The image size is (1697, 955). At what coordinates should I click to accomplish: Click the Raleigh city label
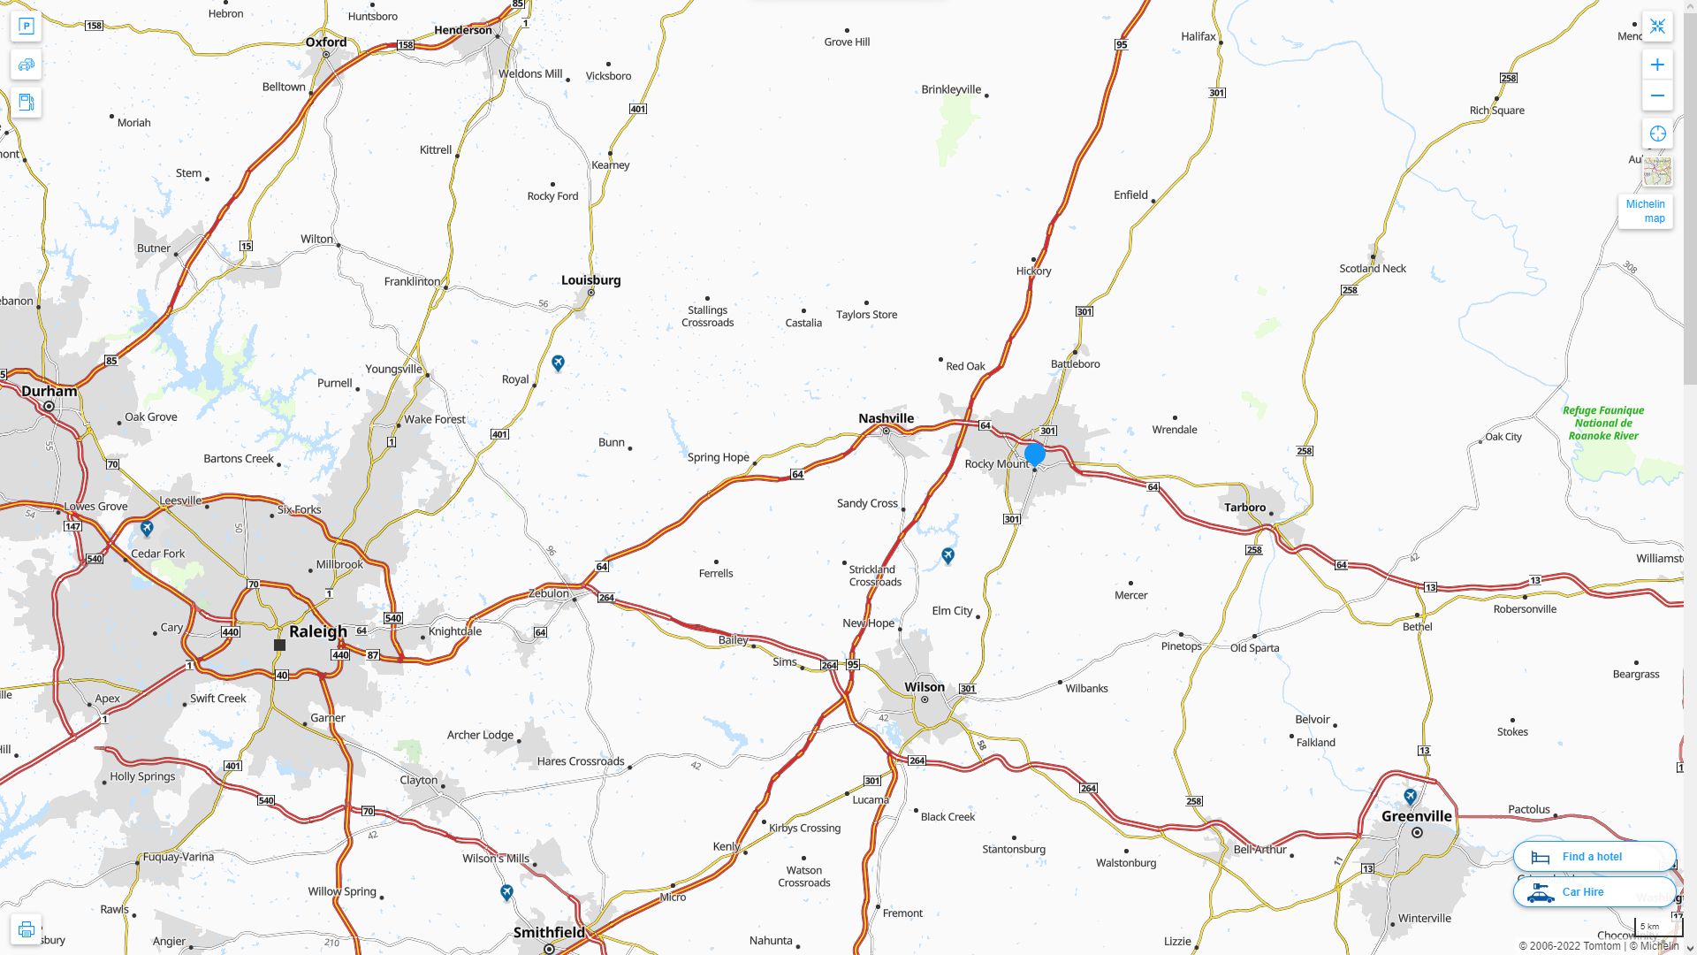pyautogui.click(x=318, y=631)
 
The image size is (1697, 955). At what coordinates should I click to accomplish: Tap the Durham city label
pyautogui.click(x=49, y=391)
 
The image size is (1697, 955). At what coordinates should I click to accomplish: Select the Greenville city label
pyautogui.click(x=1416, y=816)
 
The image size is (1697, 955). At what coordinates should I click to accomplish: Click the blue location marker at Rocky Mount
pyautogui.click(x=1035, y=455)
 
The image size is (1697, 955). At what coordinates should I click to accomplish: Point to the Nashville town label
pyautogui.click(x=886, y=418)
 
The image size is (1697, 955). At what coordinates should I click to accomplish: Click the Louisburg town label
pyautogui.click(x=590, y=280)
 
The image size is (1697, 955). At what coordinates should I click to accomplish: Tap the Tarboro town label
pyautogui.click(x=1244, y=508)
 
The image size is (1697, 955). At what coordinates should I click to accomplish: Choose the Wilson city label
pyautogui.click(x=925, y=687)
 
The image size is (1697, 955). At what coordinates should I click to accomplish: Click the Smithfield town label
pyautogui.click(x=549, y=932)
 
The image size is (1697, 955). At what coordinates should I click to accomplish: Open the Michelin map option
pyautogui.click(x=1645, y=211)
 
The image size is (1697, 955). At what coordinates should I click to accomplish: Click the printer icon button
pyautogui.click(x=27, y=929)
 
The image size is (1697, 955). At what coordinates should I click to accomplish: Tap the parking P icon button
pyautogui.click(x=27, y=27)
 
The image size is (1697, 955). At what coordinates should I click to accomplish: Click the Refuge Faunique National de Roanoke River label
pyautogui.click(x=1602, y=423)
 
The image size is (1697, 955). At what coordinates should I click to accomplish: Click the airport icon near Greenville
pyautogui.click(x=1411, y=797)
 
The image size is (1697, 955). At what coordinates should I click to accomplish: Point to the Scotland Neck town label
pyautogui.click(x=1372, y=269)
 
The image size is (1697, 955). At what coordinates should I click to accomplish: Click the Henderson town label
pyautogui.click(x=463, y=30)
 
